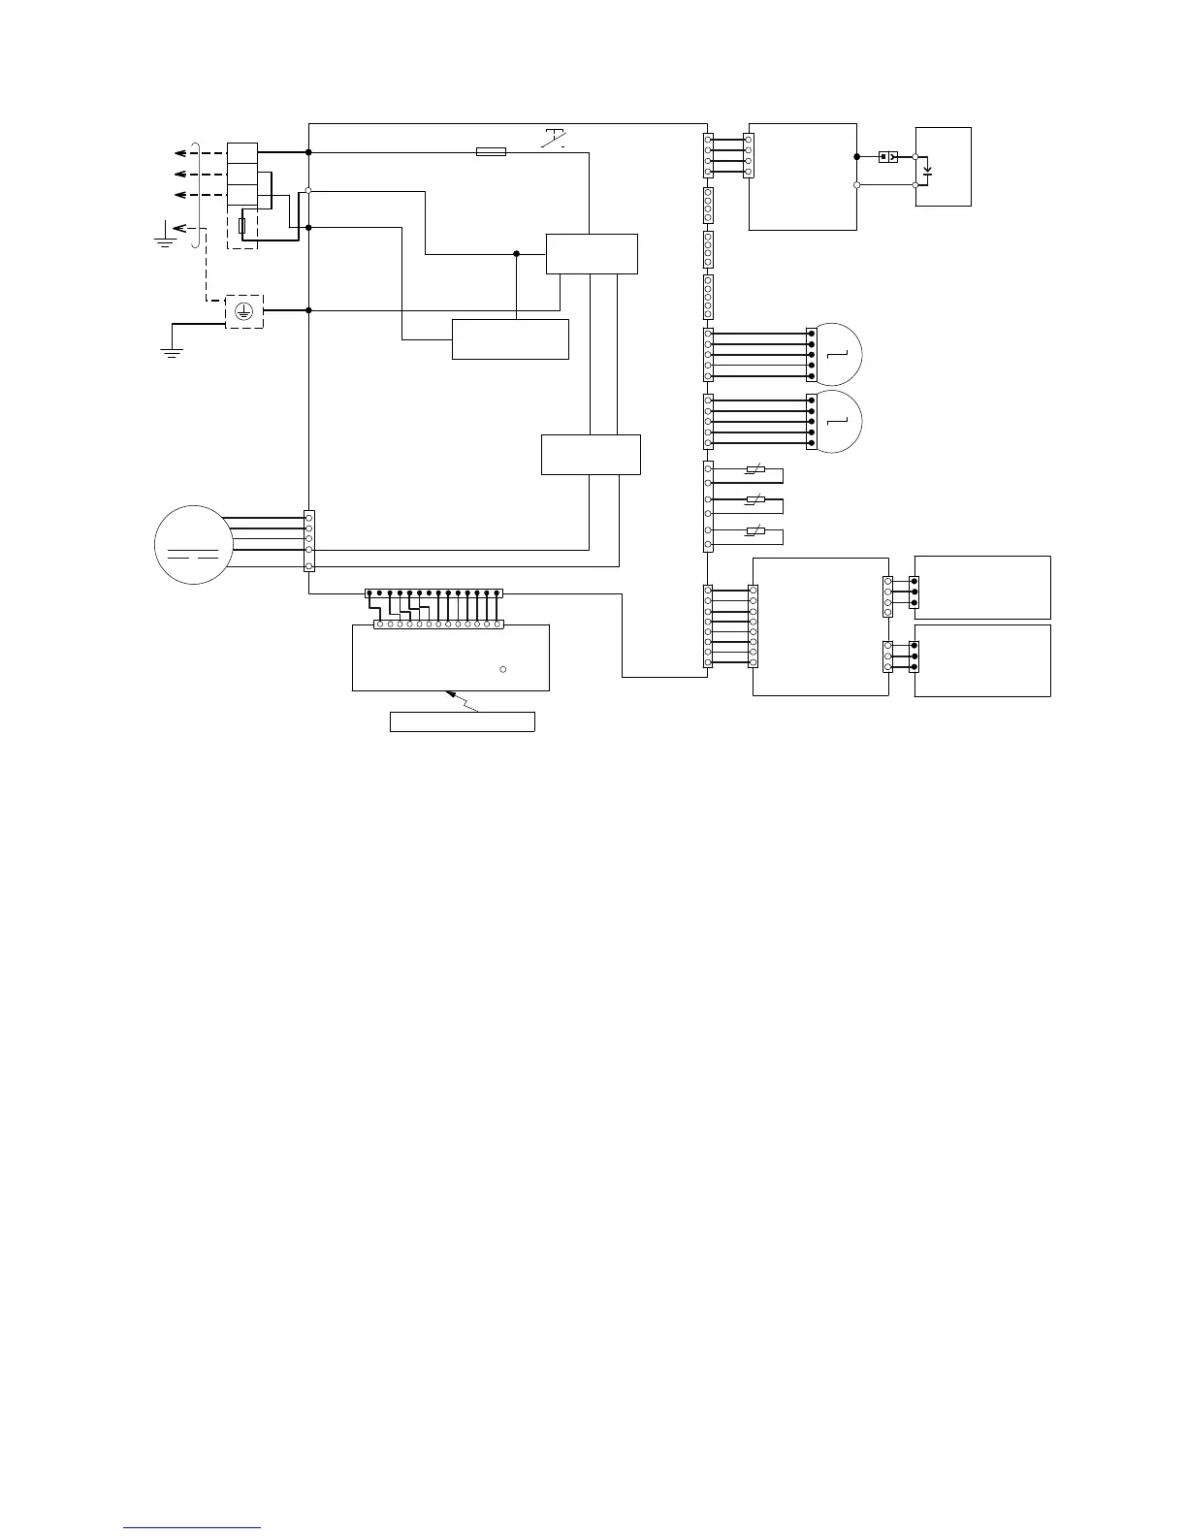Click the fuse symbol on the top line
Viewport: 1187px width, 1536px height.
point(490,151)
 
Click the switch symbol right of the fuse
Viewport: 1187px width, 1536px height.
point(554,140)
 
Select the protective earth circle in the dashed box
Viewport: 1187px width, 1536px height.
point(244,311)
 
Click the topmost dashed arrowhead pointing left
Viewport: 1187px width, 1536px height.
point(180,152)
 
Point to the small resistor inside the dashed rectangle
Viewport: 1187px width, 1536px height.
point(242,227)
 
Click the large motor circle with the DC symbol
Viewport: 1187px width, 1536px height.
point(193,544)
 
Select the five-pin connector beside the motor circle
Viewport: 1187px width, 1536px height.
point(308,539)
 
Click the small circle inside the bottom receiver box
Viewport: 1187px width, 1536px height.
point(502,669)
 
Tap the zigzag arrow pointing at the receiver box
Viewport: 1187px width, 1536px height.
point(460,700)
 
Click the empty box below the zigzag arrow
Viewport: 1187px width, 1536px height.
point(462,721)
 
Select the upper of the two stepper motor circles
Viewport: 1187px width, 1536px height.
point(837,354)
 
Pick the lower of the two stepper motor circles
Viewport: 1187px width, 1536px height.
point(837,421)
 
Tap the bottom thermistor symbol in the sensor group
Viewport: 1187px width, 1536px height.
point(754,531)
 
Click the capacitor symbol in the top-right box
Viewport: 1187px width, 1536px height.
point(928,173)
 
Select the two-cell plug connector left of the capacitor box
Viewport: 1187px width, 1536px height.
point(887,156)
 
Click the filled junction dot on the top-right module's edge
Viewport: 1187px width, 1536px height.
point(856,156)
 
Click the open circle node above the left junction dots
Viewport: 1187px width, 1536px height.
point(308,190)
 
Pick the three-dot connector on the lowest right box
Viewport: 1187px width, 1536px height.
point(914,656)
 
